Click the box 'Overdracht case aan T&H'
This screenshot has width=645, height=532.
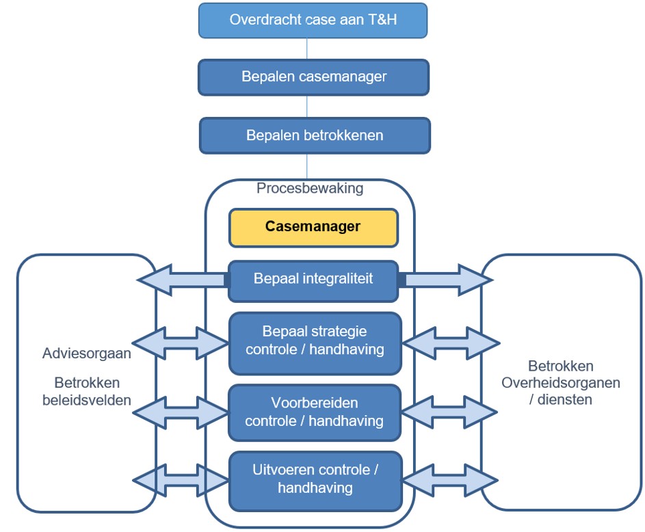click(313, 20)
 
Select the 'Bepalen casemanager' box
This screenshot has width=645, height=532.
click(313, 77)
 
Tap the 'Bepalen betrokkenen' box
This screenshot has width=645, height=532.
click(315, 135)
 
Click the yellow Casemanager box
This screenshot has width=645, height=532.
click(313, 227)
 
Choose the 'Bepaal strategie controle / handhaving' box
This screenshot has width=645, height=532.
click(315, 341)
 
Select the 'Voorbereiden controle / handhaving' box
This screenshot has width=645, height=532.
click(315, 412)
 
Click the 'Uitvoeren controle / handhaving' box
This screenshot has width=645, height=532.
click(315, 479)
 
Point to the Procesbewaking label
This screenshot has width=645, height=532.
click(310, 188)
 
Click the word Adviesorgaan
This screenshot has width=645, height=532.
click(87, 354)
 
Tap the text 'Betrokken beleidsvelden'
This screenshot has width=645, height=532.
click(87, 392)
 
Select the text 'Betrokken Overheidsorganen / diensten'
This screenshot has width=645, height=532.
click(561, 383)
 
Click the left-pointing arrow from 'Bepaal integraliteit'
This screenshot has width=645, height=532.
click(182, 280)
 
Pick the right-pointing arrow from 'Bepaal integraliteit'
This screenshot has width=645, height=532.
click(445, 280)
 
